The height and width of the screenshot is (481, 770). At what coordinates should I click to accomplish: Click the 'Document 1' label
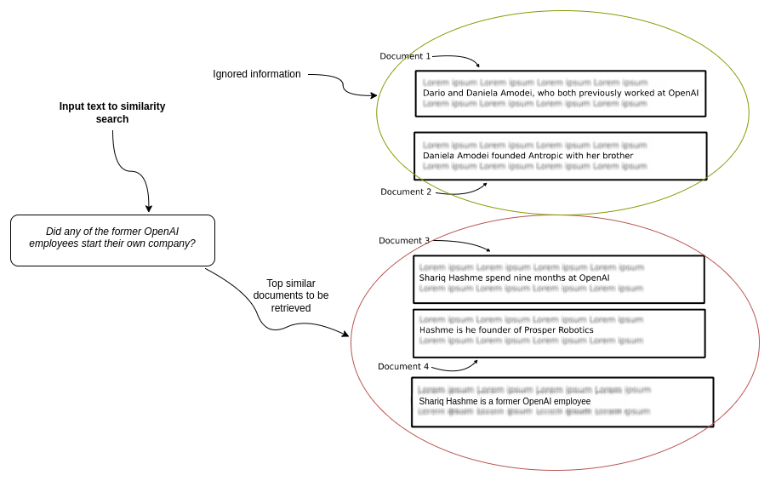405,56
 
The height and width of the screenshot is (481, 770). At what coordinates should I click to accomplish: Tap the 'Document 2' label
406,192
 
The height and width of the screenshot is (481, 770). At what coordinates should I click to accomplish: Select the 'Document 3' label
404,241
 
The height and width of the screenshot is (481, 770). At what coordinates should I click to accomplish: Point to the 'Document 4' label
403,367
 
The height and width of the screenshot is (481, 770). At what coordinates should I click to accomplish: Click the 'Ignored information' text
257,74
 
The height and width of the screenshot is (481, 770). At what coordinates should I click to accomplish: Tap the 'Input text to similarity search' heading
112,112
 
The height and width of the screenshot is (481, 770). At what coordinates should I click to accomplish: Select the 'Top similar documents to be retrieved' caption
291,295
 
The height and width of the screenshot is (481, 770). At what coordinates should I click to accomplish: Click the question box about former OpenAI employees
112,240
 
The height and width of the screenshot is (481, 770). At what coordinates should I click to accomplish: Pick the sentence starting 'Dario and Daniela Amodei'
560,92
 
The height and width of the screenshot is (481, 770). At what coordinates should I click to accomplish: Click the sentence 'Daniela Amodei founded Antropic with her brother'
528,156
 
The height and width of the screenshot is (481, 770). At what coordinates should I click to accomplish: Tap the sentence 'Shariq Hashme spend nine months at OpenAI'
514,278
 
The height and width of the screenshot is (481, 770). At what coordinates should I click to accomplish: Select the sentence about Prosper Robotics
506,329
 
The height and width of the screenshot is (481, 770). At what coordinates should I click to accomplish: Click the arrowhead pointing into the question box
149,209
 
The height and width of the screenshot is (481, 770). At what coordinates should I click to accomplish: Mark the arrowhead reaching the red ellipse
345,335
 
